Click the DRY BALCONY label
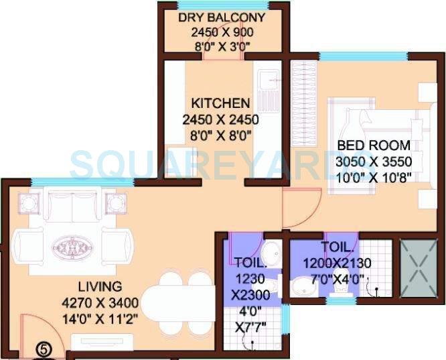pyautogui.click(x=222, y=17)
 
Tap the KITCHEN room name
pyautogui.click(x=221, y=104)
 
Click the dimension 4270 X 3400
pyautogui.click(x=99, y=303)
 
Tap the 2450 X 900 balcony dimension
pyautogui.click(x=222, y=32)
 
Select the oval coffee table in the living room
pyautogui.click(x=70, y=245)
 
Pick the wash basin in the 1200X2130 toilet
pyautogui.click(x=299, y=288)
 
